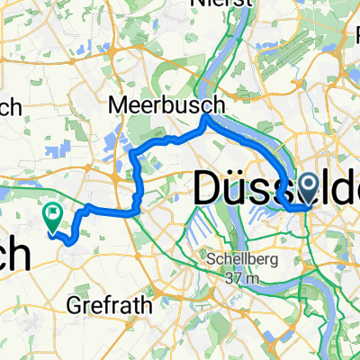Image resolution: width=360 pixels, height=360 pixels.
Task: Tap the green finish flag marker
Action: (x=51, y=215)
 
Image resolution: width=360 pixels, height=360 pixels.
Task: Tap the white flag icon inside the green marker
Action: (x=52, y=214)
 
